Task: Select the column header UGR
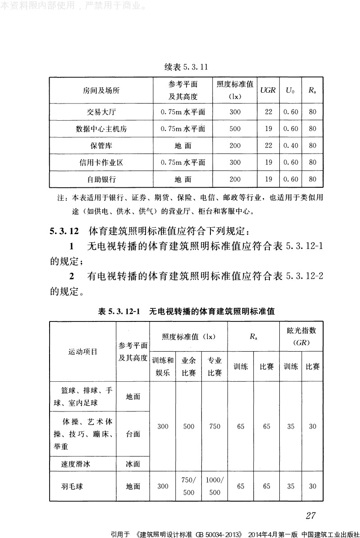tap(268, 90)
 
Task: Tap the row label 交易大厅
tap(101, 112)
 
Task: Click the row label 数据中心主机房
tap(101, 129)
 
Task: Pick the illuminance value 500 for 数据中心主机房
tap(235, 129)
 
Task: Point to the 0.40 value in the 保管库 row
tap(291, 145)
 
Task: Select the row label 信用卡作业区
tap(101, 162)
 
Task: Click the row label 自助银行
tap(101, 179)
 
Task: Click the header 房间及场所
tap(101, 90)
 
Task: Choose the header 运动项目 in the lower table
tap(82, 352)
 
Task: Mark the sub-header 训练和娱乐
tap(163, 366)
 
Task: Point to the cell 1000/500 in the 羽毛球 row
tap(215, 486)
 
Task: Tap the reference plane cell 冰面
tap(133, 463)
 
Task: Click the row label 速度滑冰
tap(75, 463)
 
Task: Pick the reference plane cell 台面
tap(133, 434)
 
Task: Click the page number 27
tap(311, 515)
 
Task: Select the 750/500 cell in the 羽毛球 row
tap(188, 486)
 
